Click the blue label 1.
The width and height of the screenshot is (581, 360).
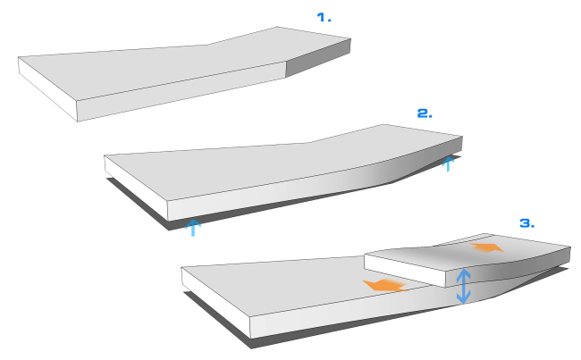point(324,17)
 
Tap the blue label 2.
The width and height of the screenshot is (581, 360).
point(425,113)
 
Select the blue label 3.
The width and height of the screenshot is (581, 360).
point(526,223)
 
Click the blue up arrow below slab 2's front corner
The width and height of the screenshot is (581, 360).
point(193,228)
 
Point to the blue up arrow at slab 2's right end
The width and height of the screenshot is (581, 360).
point(449,163)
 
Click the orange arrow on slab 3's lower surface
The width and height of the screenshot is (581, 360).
point(384,285)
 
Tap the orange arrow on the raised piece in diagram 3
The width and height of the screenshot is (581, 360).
point(486,247)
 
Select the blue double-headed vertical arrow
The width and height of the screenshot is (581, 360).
point(463,286)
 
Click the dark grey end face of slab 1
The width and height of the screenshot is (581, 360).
point(318,58)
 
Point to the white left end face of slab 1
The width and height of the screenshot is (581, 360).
point(48,89)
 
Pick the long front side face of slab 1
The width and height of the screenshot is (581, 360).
point(181,91)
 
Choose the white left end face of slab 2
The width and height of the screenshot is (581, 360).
point(137,188)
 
